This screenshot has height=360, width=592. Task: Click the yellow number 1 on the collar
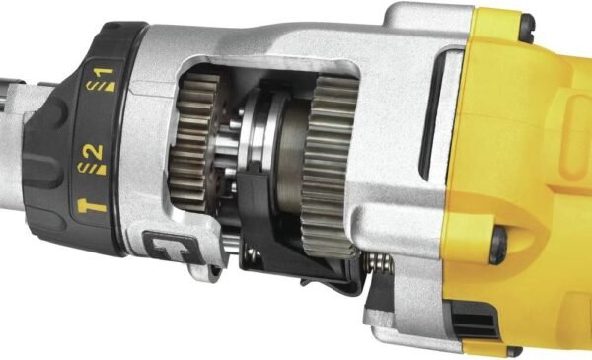[x=107, y=72]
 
